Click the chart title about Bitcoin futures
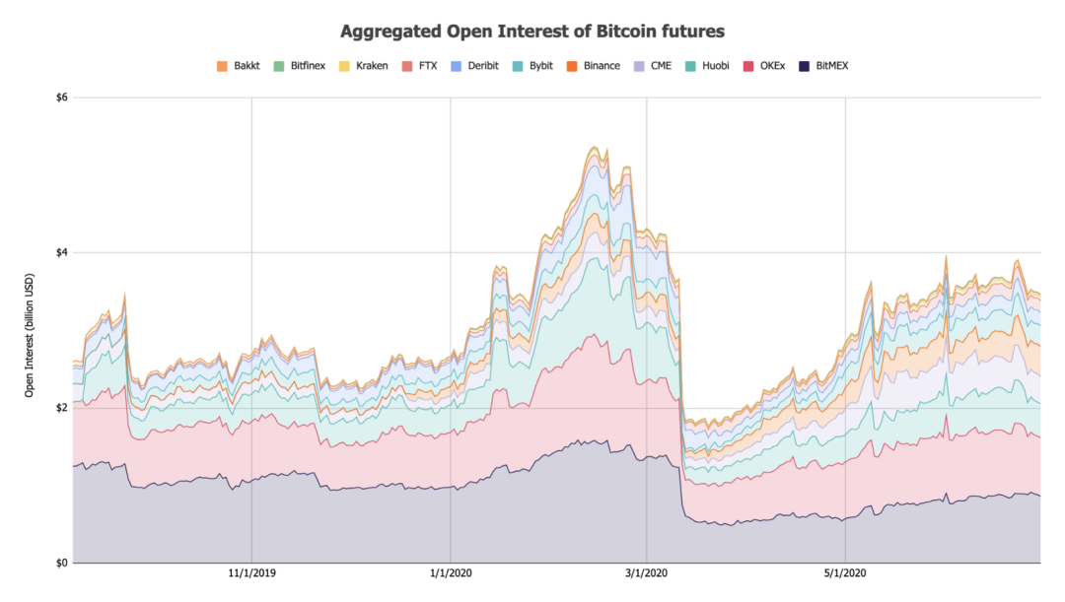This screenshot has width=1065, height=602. click(x=532, y=32)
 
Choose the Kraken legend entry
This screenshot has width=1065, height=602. click(x=372, y=66)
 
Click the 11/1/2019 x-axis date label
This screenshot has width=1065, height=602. click(x=251, y=573)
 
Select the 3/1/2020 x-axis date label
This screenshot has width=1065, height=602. click(x=647, y=573)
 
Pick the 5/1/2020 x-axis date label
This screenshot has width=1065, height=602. click(x=845, y=573)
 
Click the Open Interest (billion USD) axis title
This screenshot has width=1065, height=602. click(x=31, y=330)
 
